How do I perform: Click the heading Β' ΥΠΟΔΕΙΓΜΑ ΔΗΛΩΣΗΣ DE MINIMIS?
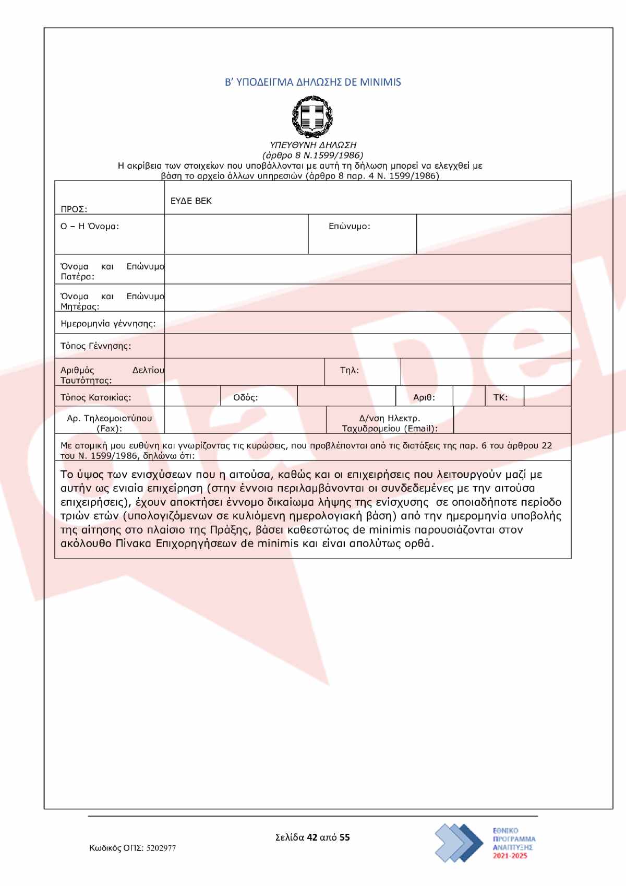[x=312, y=82]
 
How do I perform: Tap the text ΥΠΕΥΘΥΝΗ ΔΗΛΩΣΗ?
[x=312, y=145]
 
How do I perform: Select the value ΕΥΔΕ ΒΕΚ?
[x=191, y=201]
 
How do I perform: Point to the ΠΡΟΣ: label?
[x=74, y=209]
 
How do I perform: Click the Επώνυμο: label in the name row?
[x=349, y=227]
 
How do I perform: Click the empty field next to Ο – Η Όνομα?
[x=236, y=234]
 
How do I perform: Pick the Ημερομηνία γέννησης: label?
[x=108, y=324]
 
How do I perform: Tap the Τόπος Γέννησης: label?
[x=95, y=346]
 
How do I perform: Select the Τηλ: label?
[x=349, y=370]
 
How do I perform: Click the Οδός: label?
[x=245, y=397]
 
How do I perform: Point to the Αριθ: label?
[x=424, y=397]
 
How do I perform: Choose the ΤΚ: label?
[x=500, y=397]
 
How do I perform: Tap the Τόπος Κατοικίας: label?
[x=95, y=397]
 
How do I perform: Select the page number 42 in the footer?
[x=312, y=837]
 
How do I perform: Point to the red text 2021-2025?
[x=510, y=856]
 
